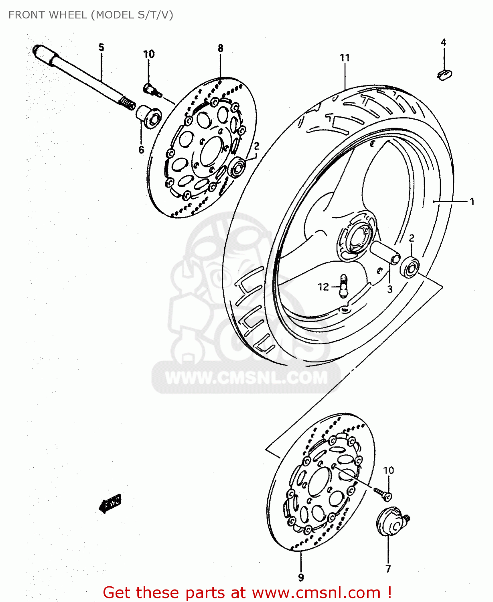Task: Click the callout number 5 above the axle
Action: tap(101, 47)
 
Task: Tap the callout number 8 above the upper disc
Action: tap(221, 48)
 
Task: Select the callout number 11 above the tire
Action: tap(345, 58)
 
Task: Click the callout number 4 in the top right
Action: tap(443, 42)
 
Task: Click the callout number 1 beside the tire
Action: tap(472, 201)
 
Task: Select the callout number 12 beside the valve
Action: tap(323, 287)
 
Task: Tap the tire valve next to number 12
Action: tap(343, 285)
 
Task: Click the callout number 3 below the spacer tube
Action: tap(390, 289)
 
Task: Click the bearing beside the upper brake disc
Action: tap(237, 168)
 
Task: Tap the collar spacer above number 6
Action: tap(149, 116)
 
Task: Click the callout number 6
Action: tap(141, 150)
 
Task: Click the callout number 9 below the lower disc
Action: tap(301, 578)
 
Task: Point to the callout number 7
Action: tap(388, 569)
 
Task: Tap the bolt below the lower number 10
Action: tap(383, 494)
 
